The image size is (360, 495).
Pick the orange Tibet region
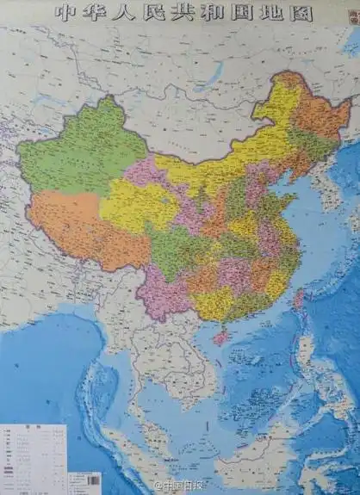tap(78, 224)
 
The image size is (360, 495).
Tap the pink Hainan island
tap(221, 337)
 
